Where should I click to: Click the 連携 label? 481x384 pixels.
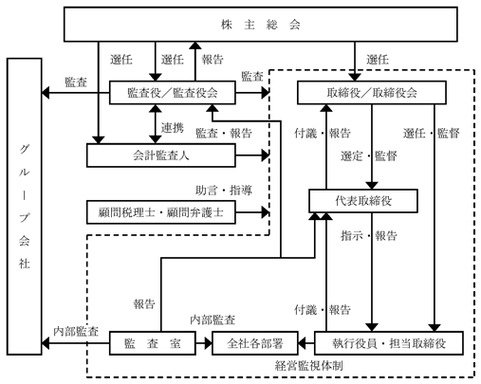[173, 127]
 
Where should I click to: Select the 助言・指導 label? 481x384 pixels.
[224, 191]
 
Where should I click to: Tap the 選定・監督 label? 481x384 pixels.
[369, 155]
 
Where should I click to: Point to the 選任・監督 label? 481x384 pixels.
[432, 133]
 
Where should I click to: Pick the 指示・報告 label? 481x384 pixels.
[369, 235]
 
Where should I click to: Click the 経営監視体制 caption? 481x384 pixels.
[309, 366]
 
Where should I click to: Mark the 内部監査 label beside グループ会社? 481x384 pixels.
[76, 331]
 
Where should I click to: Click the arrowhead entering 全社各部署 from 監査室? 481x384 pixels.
[208, 343]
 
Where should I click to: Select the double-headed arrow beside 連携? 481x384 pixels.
[156, 124]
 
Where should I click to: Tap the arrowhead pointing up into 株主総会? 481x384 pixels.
[195, 46]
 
